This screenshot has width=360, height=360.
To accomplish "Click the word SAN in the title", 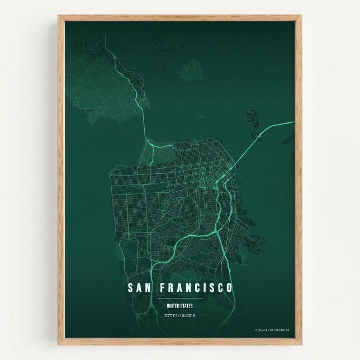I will tap(139, 288).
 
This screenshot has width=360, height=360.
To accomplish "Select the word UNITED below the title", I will tap(173, 306).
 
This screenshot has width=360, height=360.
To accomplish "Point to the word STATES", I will tap(186, 306).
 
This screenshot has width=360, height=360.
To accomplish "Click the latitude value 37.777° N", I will tap(170, 316).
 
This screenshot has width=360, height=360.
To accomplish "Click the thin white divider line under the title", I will tap(179, 299).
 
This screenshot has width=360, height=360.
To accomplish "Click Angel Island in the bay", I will tap(192, 69).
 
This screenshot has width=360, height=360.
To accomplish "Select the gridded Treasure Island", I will tap(252, 119).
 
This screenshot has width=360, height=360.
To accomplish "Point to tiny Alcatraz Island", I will tap(200, 117).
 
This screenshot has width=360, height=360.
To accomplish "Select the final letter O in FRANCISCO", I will tap(229, 288).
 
